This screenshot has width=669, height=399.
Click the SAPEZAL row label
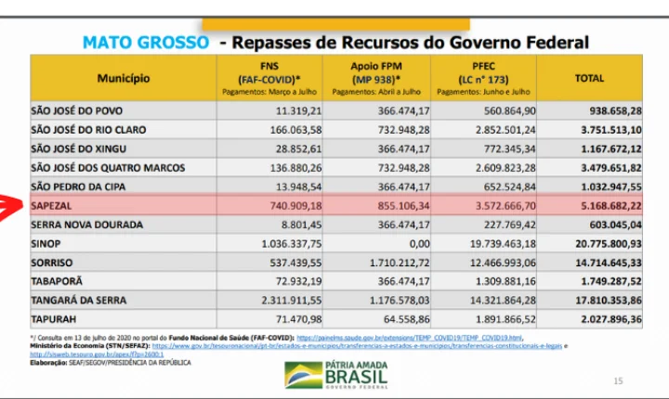point(52,206)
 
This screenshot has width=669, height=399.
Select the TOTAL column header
point(589,79)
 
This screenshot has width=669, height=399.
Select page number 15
point(618,381)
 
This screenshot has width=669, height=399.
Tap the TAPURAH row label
point(55,319)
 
